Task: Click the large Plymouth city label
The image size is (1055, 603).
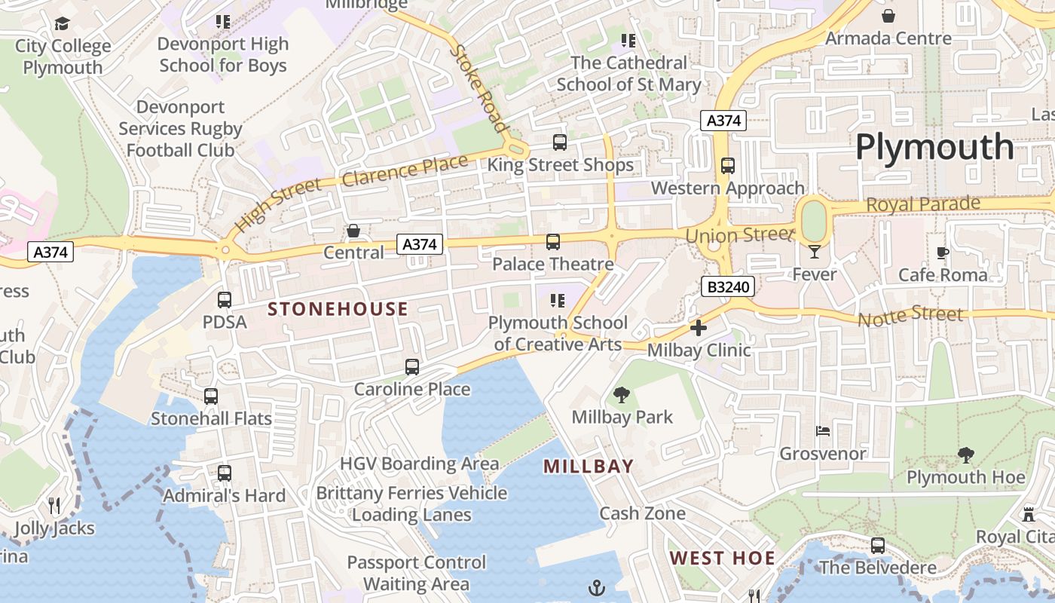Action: (x=934, y=146)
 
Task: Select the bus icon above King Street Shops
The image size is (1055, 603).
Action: (x=559, y=142)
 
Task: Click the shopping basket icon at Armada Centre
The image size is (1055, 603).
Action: (x=888, y=16)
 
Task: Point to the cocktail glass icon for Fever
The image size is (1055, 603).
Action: (x=814, y=252)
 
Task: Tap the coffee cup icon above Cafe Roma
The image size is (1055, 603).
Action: (x=942, y=253)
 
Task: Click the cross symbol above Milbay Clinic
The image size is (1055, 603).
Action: (x=699, y=328)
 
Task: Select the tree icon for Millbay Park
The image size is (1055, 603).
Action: (x=622, y=394)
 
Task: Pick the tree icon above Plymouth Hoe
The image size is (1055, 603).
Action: (x=965, y=455)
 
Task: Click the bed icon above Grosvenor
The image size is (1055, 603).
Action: (x=823, y=431)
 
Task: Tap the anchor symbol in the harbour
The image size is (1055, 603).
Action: (x=597, y=587)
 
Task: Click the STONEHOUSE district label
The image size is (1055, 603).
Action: (x=338, y=309)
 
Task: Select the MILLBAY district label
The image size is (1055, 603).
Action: (x=589, y=467)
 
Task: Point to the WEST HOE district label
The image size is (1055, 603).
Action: (x=722, y=559)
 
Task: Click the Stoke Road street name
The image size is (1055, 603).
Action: (x=479, y=88)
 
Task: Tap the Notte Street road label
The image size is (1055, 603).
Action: (x=910, y=316)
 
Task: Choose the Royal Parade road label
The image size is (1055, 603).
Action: (x=923, y=204)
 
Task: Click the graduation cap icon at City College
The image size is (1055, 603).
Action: (x=62, y=24)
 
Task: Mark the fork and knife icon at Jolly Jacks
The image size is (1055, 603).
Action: (x=54, y=505)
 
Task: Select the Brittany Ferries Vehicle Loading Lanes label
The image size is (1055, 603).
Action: (x=411, y=504)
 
